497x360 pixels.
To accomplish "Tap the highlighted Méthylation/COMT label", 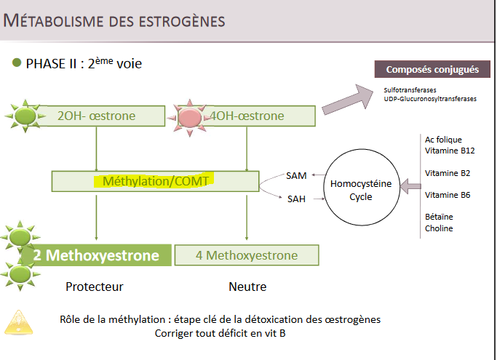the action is (x=155, y=181).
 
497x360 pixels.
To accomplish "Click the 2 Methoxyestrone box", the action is (x=96, y=255).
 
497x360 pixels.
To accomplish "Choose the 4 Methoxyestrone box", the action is (x=247, y=255).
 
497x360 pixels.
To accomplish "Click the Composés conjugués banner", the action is (x=432, y=69).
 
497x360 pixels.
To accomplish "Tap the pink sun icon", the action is (x=189, y=118).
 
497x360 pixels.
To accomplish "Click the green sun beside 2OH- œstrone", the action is (x=25, y=116).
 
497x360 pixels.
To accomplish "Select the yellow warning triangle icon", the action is (x=19, y=323).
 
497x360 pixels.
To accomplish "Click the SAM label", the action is (x=296, y=175).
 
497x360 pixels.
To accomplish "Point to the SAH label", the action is (x=296, y=199).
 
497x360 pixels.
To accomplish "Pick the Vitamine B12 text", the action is (x=450, y=151).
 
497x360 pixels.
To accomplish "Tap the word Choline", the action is (x=439, y=228).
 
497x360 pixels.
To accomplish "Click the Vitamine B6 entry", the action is (x=448, y=195).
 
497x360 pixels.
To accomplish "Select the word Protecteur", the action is (x=95, y=287).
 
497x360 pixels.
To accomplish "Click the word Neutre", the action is (x=247, y=287).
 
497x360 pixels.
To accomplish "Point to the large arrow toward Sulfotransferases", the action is (x=348, y=100).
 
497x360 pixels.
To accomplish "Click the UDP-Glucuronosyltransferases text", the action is (x=430, y=99).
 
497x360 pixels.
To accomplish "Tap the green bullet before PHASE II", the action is (x=17, y=63).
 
